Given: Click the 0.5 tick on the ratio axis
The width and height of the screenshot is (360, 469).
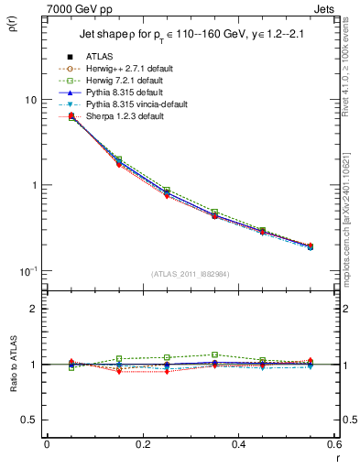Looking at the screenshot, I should point(31,420).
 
